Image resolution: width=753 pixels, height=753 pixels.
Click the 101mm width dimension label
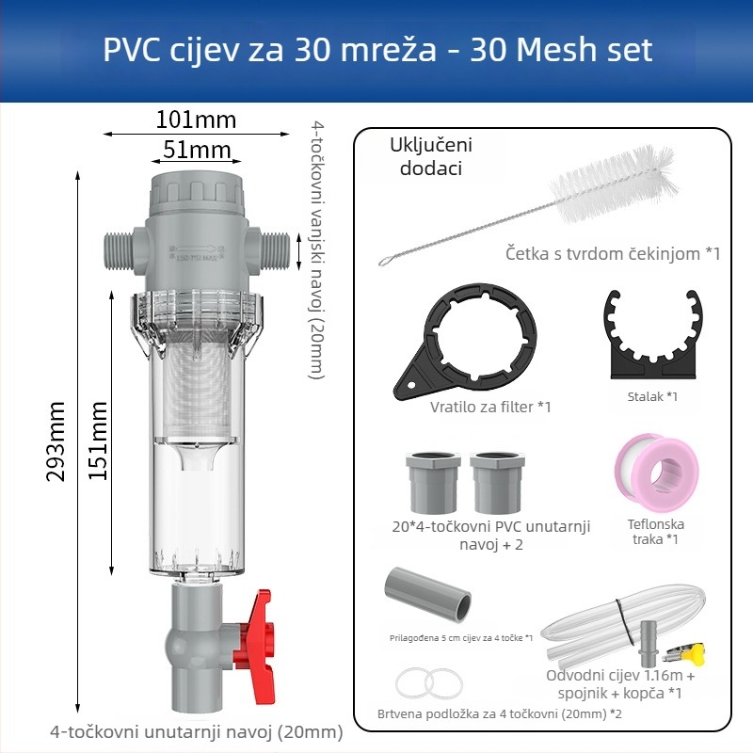(196, 120)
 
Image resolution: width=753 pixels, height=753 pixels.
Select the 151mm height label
(98, 441)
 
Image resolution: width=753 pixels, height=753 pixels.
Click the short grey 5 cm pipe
(426, 595)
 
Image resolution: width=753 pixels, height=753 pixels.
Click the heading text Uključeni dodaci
(430, 156)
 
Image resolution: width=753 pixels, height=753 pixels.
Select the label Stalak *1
(651, 396)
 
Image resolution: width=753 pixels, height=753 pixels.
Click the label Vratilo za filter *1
(489, 407)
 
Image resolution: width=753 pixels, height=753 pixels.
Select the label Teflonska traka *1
(655, 532)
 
